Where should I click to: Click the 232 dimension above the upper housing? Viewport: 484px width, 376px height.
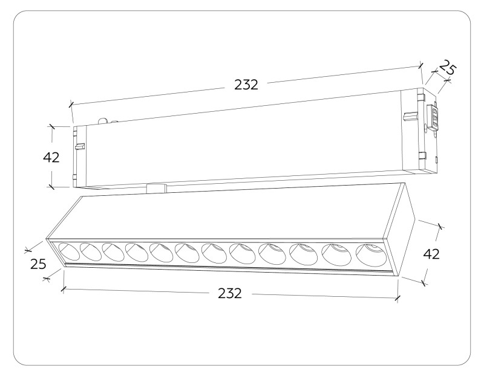pyautogui.click(x=246, y=85)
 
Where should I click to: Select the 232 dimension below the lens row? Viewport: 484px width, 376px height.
pyautogui.click(x=229, y=294)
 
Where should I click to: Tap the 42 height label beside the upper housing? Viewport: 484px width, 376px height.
pyautogui.click(x=51, y=157)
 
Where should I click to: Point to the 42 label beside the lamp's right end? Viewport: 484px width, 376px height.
pyautogui.click(x=431, y=254)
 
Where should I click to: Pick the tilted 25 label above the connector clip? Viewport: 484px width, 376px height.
pyautogui.click(x=447, y=69)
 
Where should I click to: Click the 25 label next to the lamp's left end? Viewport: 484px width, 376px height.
pyautogui.click(x=38, y=264)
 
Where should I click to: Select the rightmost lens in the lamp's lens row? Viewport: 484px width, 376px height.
pyautogui.click(x=370, y=253)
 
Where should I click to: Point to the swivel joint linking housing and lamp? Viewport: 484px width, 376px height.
pyautogui.click(x=156, y=188)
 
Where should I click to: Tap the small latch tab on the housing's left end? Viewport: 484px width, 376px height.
pyautogui.click(x=79, y=145)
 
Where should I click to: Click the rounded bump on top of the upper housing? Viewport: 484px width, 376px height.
pyautogui.click(x=103, y=120)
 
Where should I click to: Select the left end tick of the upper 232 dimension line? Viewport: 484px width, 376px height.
pyautogui.click(x=71, y=105)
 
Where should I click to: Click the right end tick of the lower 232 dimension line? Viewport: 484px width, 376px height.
pyautogui.click(x=397, y=298)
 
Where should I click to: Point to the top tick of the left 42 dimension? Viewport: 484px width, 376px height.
pyautogui.click(x=51, y=126)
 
